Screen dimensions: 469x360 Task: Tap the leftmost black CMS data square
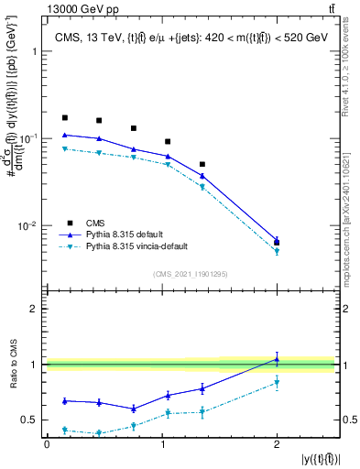pos(64,118)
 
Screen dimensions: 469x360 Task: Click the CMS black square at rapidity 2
pos(277,243)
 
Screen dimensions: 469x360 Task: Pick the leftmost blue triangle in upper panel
pos(64,135)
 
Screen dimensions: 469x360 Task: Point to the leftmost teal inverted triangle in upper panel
pos(64,148)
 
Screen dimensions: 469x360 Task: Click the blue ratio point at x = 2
pos(277,359)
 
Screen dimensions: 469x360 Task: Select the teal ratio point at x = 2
pos(277,383)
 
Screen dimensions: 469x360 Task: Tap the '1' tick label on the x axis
pos(162,444)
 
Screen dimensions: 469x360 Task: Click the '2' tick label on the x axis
pos(277,444)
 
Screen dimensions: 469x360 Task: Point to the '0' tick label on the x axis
pos(47,444)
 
